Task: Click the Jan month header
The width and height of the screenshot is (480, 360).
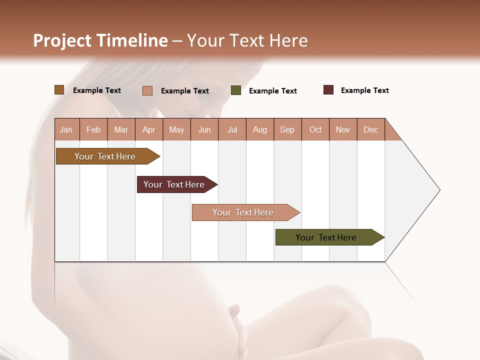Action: click(66, 129)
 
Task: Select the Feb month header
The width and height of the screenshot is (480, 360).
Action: click(93, 129)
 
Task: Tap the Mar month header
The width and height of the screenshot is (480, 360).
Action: click(121, 129)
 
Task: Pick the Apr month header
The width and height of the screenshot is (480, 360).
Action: click(149, 129)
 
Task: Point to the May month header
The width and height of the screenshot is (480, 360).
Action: click(176, 129)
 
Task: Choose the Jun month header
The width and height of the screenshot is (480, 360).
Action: click(204, 129)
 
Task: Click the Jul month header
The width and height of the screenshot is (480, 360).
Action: click(232, 129)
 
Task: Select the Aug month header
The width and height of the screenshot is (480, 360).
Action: click(260, 129)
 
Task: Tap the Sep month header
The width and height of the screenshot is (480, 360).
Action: click(287, 129)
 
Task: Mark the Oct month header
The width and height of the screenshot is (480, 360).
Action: click(315, 129)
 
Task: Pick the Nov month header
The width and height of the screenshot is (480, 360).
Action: click(343, 129)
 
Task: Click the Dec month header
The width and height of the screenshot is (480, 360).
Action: click(371, 129)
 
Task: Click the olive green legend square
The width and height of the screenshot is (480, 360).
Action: click(236, 90)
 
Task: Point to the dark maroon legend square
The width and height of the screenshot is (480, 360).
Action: click(328, 90)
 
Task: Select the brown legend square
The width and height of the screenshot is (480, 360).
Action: click(59, 90)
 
